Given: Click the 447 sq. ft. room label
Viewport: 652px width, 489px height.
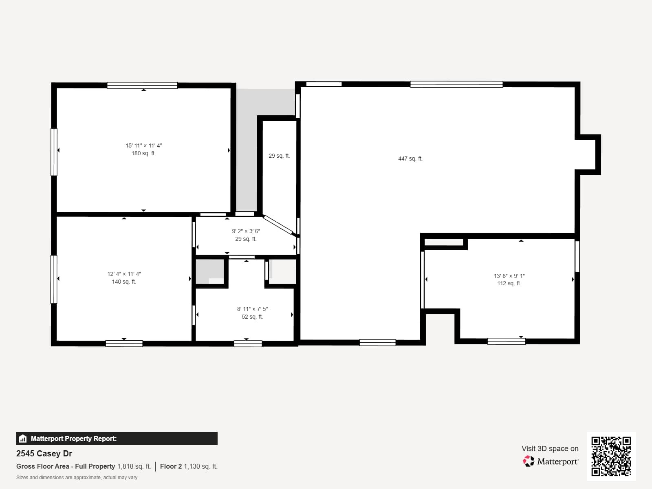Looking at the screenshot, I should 410,159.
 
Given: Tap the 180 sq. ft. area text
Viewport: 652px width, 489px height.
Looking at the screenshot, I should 143,154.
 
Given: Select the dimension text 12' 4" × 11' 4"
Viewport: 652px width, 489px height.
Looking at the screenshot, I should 124,274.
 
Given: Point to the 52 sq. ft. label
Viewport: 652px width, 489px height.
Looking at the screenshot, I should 252,317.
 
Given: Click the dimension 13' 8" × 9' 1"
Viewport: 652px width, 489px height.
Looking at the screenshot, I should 509,276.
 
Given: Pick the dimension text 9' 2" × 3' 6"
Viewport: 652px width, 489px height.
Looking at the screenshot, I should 246,231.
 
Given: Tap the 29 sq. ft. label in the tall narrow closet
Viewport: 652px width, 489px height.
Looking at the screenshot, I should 279,156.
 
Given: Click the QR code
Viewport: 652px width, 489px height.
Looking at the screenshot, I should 611,456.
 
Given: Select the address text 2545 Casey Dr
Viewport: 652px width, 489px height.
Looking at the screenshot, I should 44,454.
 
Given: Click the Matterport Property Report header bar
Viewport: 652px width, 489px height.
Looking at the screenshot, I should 117,438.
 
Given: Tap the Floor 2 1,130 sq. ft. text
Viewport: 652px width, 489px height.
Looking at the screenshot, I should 188,466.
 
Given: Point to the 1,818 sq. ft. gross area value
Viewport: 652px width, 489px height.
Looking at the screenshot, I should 134,466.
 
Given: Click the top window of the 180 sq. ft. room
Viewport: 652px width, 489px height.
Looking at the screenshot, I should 142,85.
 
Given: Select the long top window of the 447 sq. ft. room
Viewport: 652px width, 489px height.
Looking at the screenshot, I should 456,84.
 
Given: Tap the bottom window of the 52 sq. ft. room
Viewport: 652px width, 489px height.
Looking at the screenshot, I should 248,344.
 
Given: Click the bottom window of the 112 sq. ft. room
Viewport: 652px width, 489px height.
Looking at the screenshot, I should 506,341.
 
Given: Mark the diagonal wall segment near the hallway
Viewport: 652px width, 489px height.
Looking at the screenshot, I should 278,225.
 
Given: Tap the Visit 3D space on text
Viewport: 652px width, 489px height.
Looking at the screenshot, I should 550,448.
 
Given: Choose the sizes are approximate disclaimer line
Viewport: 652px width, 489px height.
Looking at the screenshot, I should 77,478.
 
